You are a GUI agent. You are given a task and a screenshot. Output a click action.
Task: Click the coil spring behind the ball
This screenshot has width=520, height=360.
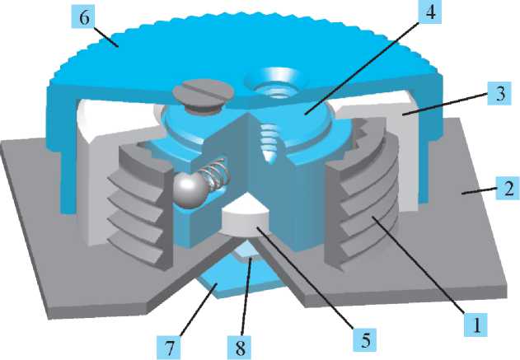point(216,175)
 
